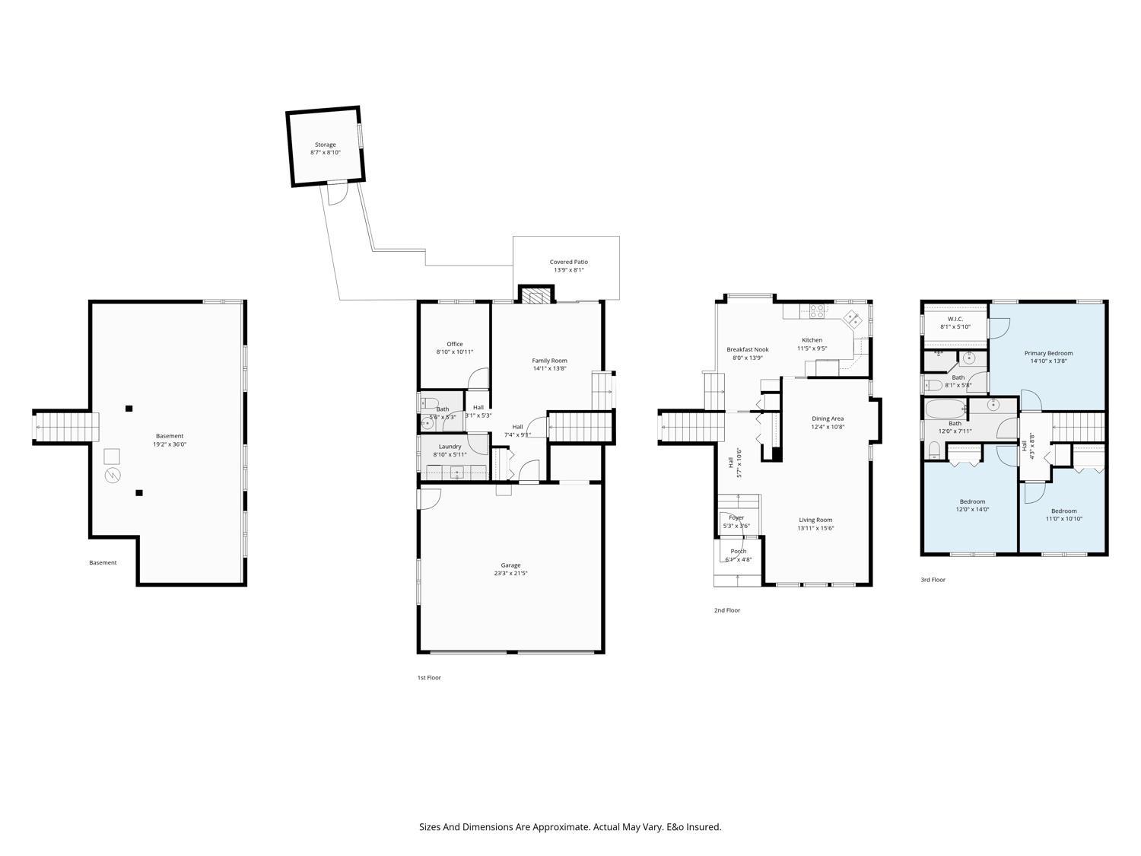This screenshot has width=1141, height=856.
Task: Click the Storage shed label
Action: click(326, 145)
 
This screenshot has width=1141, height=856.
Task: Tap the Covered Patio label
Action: click(568, 262)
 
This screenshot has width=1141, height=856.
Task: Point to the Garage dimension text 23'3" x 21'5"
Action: click(510, 574)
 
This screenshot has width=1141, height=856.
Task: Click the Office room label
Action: click(454, 344)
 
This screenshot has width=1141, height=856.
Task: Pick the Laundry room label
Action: click(450, 447)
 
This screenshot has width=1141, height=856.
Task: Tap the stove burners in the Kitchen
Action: click(817, 310)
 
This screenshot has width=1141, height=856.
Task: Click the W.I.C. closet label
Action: click(955, 319)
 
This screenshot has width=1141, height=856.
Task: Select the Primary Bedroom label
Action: click(1048, 353)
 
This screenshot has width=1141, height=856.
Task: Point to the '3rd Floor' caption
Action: click(933, 580)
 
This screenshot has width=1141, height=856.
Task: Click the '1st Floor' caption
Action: click(428, 677)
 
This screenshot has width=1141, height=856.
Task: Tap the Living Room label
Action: click(815, 520)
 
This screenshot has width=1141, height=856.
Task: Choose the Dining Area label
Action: click(827, 418)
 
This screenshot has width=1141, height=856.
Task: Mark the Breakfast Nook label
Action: click(747, 349)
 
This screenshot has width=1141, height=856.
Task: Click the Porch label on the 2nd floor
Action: click(738, 551)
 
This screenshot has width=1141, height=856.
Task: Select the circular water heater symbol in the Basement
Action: click(113, 476)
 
